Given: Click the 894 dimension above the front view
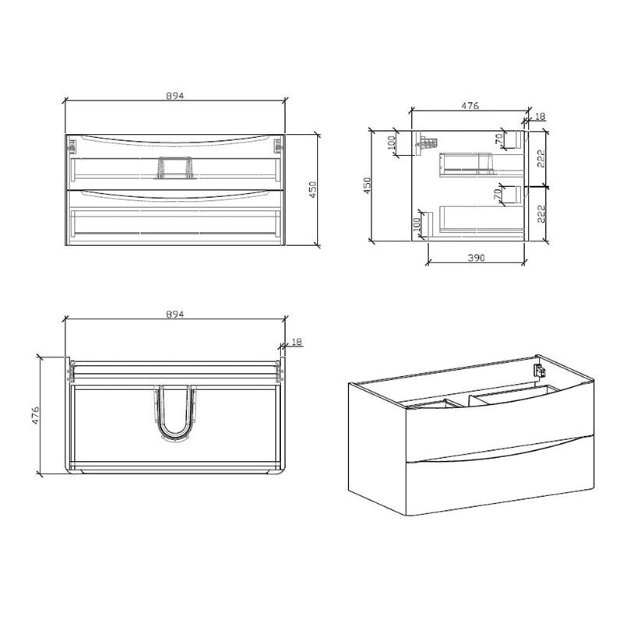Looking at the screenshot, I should pyautogui.click(x=174, y=95).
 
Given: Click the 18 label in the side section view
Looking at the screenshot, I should pyautogui.click(x=540, y=116).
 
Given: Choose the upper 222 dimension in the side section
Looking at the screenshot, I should pyautogui.click(x=539, y=158).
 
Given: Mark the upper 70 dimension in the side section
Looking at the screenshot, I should pyautogui.click(x=498, y=140).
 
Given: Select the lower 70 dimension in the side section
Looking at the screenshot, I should pyautogui.click(x=498, y=195).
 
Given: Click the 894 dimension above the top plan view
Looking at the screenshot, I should pyautogui.click(x=174, y=314).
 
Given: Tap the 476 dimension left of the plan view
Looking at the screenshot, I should pyautogui.click(x=35, y=415).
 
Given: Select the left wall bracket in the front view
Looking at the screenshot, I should pyautogui.click(x=73, y=145).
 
